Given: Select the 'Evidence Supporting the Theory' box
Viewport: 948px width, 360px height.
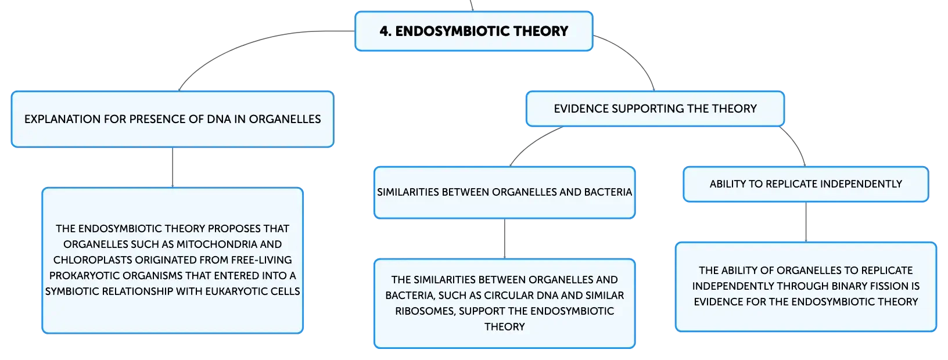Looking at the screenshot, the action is tap(655, 109).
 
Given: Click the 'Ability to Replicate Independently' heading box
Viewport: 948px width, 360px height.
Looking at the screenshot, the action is tap(806, 184).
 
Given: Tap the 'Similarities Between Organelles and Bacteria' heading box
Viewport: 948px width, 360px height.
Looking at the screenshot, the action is tap(504, 192).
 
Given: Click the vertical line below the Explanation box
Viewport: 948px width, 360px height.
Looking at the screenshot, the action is tap(173, 168).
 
